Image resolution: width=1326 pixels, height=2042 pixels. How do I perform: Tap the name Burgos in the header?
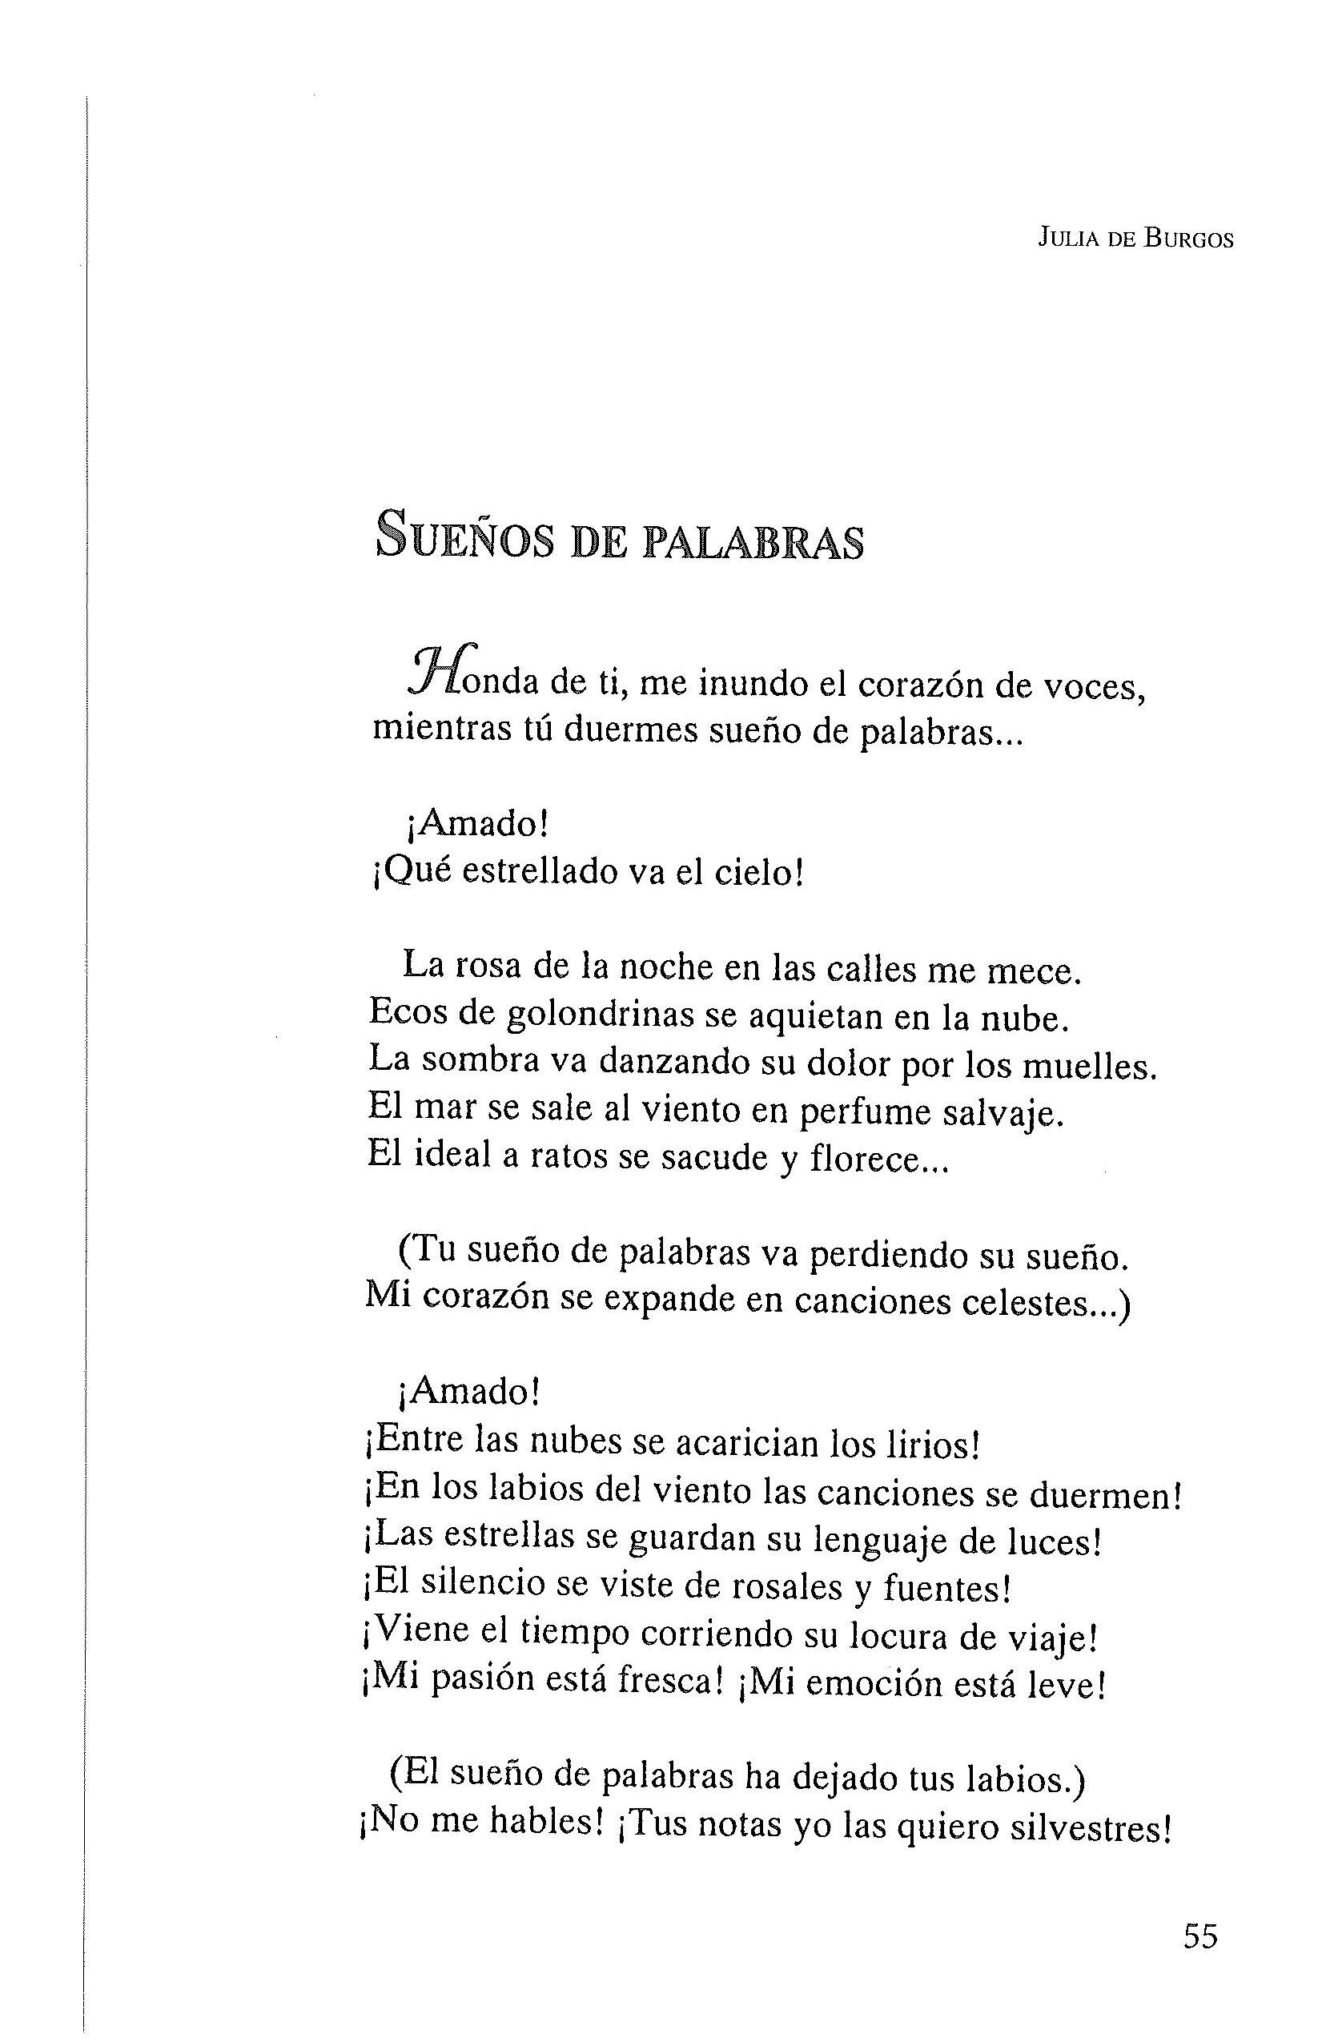coord(1190,240)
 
